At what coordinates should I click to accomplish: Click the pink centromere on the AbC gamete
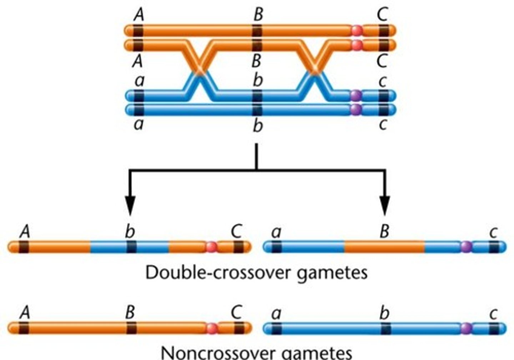(211, 247)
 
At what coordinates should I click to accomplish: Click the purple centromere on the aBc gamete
(466, 247)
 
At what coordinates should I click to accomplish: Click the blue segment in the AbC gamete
(107, 247)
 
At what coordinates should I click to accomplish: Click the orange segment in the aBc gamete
(384, 247)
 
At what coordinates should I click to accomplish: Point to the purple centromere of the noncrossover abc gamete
(466, 328)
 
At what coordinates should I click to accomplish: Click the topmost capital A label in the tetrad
(138, 15)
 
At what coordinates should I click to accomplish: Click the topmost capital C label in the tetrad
(383, 15)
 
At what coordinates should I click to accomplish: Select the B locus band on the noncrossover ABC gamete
(131, 328)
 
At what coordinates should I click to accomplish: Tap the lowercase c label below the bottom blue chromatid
(383, 125)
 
